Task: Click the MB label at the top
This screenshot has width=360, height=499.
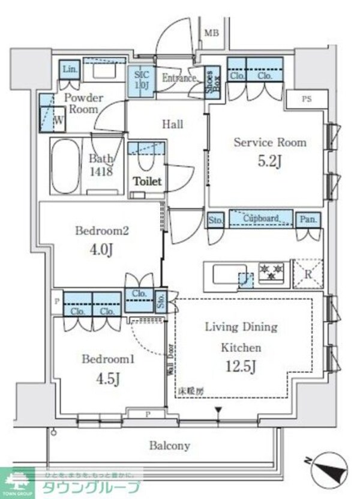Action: [211, 32]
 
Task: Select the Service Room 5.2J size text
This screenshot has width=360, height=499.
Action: [269, 162]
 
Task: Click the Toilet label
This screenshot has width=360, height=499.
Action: [148, 181]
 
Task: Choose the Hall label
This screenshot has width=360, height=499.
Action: [173, 124]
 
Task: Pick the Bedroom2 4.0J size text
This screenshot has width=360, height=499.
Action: [101, 249]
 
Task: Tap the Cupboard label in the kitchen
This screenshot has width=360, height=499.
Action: [260, 219]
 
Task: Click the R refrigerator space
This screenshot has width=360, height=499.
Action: [307, 275]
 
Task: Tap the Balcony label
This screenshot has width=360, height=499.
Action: [170, 446]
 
